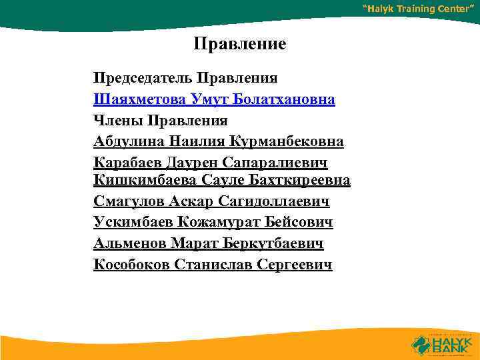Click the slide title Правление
240,45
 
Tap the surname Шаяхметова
140,100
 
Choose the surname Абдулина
129,141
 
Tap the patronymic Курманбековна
287,141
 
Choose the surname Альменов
130,243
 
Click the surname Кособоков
132,264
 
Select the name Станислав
213,264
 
